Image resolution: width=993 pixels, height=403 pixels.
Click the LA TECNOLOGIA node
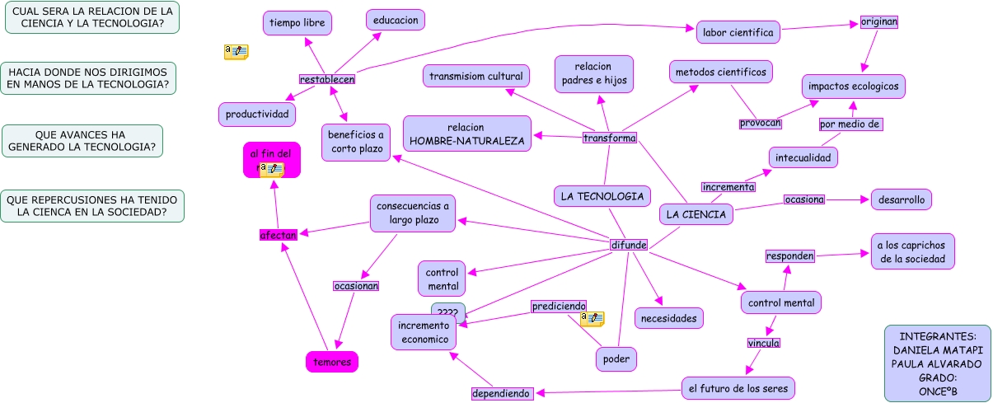(x=602, y=196)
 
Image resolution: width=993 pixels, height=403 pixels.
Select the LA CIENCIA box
(x=696, y=214)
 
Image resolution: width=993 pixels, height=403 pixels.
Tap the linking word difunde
(x=629, y=245)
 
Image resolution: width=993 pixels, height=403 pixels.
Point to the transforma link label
(x=610, y=138)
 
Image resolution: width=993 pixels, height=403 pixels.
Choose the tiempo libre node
(x=297, y=23)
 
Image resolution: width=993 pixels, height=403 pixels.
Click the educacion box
(x=396, y=20)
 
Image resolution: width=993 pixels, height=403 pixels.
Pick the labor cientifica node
(x=738, y=33)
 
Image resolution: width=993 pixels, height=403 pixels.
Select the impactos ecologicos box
(x=854, y=87)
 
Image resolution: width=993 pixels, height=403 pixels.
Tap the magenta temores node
(x=332, y=361)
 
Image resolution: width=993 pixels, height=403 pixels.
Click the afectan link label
(x=278, y=235)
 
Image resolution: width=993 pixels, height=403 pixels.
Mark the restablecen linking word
(x=327, y=79)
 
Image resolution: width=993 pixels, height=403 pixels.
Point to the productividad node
(x=257, y=114)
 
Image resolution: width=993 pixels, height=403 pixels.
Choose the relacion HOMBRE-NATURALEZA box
(x=466, y=134)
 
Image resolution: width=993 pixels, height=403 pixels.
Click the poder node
(x=616, y=358)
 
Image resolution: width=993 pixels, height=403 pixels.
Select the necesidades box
(x=669, y=317)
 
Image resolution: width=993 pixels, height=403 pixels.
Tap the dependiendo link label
(x=501, y=393)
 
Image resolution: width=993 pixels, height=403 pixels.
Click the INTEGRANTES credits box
(x=937, y=363)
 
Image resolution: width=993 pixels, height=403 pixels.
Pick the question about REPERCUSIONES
(x=93, y=205)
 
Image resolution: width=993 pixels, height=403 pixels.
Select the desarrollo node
(x=902, y=199)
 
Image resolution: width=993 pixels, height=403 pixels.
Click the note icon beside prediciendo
(x=592, y=318)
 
